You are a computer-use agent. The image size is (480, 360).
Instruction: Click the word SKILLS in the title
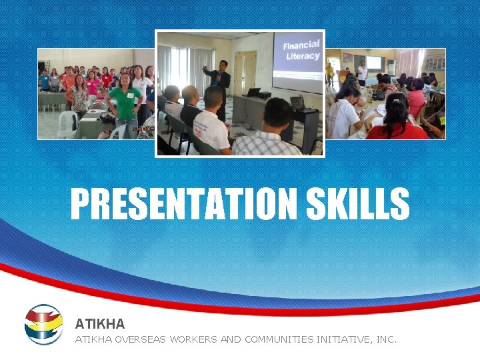[358, 204]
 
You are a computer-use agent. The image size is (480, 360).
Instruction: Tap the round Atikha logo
[43, 325]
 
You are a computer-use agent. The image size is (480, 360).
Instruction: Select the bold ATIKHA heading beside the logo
[99, 324]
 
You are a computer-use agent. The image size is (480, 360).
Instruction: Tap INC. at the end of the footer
[387, 339]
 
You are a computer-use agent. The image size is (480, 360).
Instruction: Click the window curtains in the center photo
[180, 67]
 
